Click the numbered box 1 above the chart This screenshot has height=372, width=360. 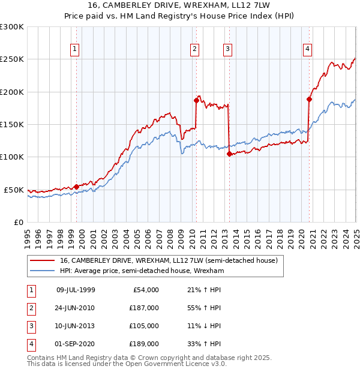coord(75,50)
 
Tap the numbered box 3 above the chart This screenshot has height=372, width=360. coord(228,50)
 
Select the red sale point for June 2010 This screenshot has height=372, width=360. coord(196,100)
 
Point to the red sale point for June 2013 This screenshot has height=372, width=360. coord(229,154)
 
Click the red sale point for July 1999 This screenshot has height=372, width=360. coord(76,187)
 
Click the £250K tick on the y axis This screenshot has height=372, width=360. coord(12,59)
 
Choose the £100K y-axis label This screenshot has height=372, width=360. coord(12,157)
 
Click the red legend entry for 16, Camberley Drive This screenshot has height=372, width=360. coord(169,261)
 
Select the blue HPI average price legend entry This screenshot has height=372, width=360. coord(142,271)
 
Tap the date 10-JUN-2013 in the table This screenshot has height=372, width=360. coord(75,326)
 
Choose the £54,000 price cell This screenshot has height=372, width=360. coord(146,290)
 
